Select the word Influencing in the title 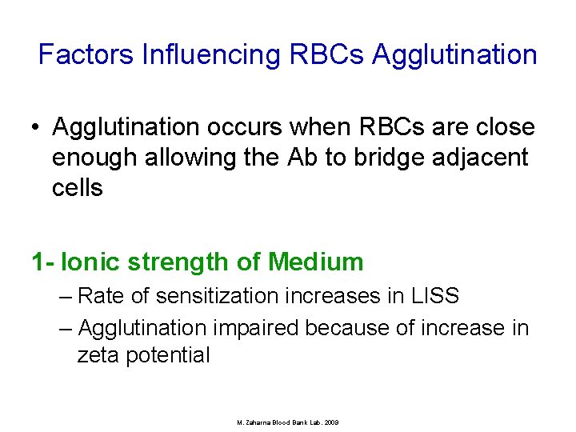[210, 54]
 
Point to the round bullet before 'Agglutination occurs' [37, 128]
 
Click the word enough [95, 158]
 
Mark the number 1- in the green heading [42, 262]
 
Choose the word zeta [101, 355]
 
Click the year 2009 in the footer [330, 422]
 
